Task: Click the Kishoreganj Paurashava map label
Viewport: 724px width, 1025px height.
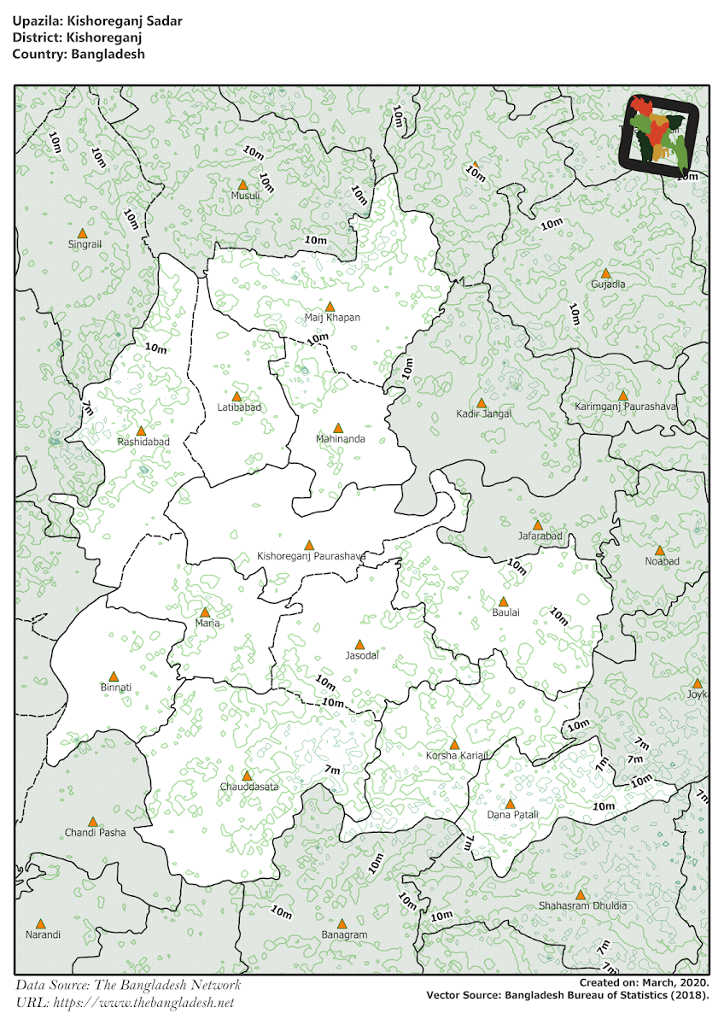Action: coord(312,556)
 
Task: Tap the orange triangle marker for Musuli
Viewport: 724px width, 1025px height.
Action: coord(242,184)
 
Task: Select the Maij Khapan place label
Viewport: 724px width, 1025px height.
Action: coord(332,318)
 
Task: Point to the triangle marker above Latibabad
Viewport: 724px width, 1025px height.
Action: coord(237,396)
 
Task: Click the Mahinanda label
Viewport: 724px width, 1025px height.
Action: coord(340,439)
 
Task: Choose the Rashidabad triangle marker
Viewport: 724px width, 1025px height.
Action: coord(141,430)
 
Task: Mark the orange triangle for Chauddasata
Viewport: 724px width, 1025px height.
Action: coord(247,776)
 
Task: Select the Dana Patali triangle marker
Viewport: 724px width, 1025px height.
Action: coord(510,804)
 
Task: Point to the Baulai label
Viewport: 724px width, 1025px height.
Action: coord(505,612)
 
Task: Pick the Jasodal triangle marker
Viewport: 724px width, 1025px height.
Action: coord(359,645)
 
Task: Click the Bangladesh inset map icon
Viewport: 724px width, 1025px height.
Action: coord(659,132)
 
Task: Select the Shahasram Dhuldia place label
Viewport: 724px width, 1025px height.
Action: coord(582,905)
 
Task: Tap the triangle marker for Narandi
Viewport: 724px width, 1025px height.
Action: coord(40,923)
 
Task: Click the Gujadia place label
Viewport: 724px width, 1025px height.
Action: coord(608,284)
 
